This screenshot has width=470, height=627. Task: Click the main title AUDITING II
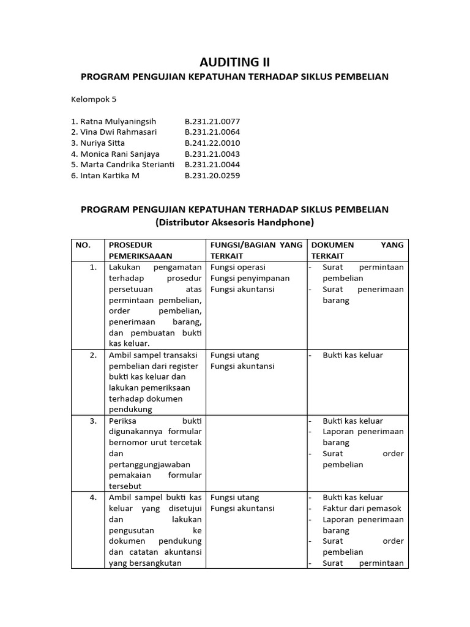(235, 62)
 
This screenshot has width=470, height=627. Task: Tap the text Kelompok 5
(93, 99)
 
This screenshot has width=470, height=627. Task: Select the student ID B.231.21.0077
(212, 121)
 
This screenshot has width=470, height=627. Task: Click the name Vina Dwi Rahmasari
(114, 132)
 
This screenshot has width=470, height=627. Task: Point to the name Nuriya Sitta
(98, 143)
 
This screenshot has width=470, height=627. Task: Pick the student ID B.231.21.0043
(212, 154)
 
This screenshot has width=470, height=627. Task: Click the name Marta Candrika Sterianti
(122, 165)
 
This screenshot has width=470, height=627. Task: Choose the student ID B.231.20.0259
(212, 176)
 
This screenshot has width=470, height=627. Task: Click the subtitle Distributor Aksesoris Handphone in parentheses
(235, 222)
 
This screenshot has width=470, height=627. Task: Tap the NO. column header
(83, 245)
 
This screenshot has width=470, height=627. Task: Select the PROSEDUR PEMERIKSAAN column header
(140, 250)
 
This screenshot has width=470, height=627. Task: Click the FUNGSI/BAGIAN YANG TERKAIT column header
(256, 250)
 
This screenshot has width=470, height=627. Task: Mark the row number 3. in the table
(93, 421)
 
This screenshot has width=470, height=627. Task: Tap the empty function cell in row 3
(256, 453)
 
